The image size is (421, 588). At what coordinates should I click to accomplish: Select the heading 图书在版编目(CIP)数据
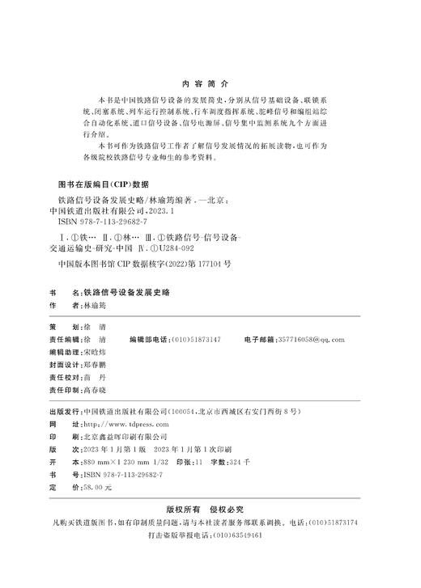point(98,184)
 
